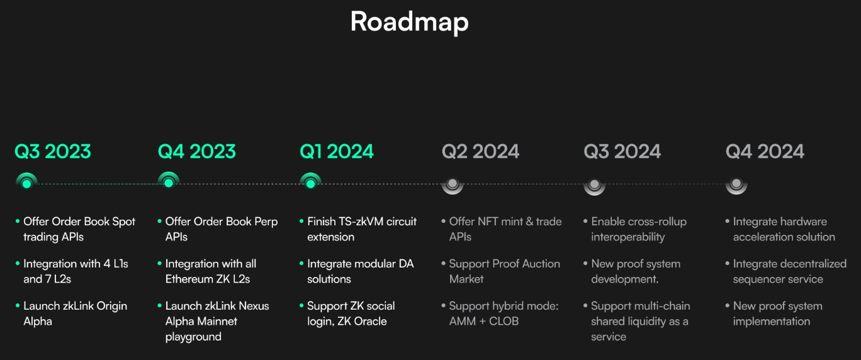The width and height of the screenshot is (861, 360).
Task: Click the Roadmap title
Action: (x=409, y=21)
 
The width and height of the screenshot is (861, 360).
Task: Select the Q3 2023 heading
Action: (x=53, y=152)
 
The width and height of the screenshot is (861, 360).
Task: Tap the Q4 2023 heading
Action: (x=196, y=152)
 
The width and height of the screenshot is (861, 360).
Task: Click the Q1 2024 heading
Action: (x=337, y=152)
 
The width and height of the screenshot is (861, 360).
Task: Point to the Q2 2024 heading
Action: (x=480, y=152)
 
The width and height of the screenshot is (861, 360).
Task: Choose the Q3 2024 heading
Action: (x=622, y=152)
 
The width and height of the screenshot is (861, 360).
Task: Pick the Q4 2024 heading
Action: (x=765, y=152)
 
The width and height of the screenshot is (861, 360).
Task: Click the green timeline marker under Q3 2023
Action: (x=26, y=183)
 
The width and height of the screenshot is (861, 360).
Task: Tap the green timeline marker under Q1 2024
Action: (x=310, y=183)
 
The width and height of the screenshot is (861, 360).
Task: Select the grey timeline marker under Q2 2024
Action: (x=453, y=184)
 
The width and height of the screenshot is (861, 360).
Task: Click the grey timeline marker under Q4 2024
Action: (x=736, y=184)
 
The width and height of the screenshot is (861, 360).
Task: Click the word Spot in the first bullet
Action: (x=123, y=222)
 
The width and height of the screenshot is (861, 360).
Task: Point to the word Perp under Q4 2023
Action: (x=265, y=222)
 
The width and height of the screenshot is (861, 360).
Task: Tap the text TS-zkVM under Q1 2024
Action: (x=361, y=222)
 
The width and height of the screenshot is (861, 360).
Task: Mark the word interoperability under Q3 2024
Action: (x=627, y=237)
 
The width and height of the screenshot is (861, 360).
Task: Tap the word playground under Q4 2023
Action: (x=193, y=337)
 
